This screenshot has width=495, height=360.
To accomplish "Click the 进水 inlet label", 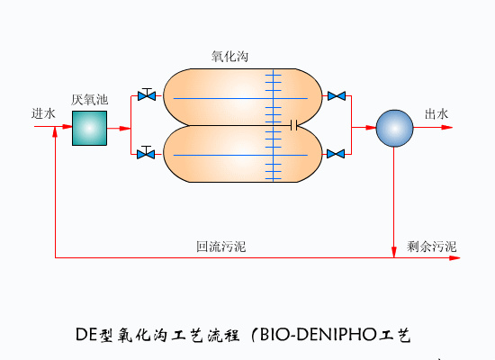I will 44,114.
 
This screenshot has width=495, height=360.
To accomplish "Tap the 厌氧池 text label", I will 90,99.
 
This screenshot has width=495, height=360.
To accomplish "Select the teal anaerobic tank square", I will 90,128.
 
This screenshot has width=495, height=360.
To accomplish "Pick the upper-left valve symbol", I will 145,94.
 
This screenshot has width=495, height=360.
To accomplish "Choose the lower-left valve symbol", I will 145,154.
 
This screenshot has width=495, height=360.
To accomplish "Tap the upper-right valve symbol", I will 337,95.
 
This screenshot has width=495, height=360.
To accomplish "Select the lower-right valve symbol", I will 337,154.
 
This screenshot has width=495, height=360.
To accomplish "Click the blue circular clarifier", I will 392,128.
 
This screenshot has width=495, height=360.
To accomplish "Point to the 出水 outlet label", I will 436,114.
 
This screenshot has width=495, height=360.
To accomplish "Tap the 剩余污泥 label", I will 432,246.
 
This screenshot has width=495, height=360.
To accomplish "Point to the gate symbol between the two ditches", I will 293,124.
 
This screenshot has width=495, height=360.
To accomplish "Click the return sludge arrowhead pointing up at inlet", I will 56,132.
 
